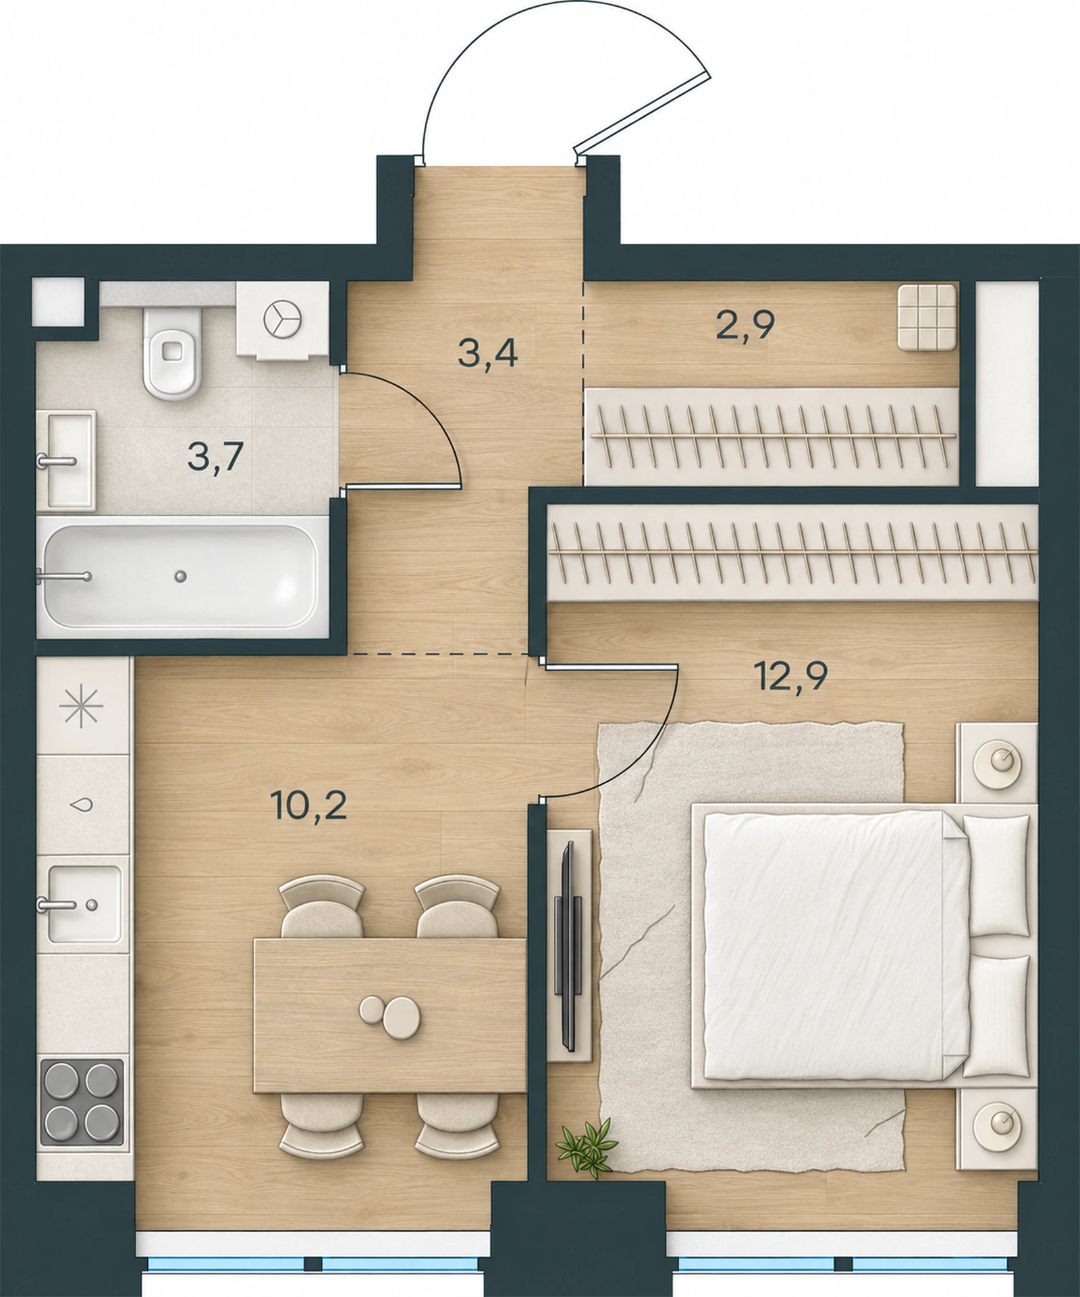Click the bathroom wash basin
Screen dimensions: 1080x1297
coord(65,460)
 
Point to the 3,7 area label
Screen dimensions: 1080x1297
coord(215,457)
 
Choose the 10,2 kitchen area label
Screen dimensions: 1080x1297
coord(308,805)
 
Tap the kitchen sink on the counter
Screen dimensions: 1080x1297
coord(83,904)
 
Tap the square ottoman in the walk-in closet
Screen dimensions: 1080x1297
coord(927,317)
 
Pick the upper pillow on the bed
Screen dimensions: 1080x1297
coord(995,875)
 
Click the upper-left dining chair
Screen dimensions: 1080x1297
coord(322,907)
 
